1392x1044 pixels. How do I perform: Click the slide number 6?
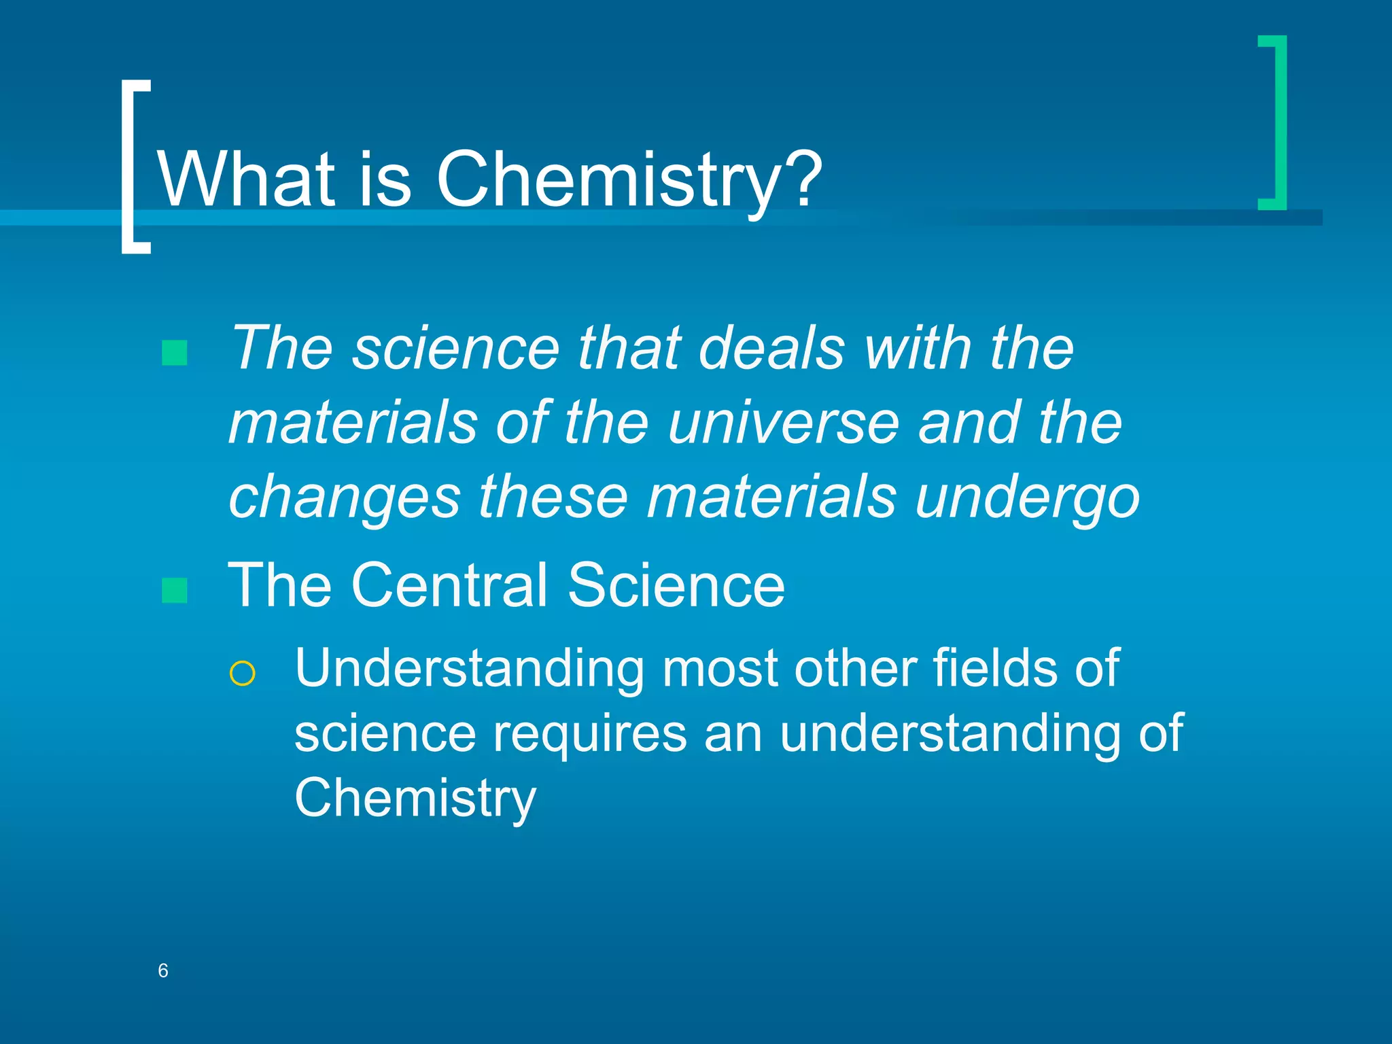tap(163, 971)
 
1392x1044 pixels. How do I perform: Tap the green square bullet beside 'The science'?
tap(175, 353)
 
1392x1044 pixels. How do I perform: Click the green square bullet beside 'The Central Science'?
tap(175, 591)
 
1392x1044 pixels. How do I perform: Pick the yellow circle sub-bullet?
tap(243, 674)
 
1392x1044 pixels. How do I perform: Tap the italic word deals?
tap(771, 348)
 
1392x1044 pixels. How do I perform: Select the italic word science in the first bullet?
tap(455, 348)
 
